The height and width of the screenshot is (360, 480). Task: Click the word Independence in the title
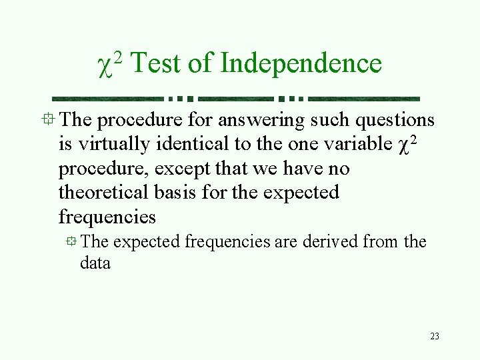(301, 64)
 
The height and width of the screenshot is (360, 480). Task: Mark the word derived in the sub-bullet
(331, 241)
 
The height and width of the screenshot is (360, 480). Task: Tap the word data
(95, 263)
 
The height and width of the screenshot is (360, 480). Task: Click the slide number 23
(434, 336)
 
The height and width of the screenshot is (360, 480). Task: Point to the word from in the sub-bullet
(381, 241)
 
